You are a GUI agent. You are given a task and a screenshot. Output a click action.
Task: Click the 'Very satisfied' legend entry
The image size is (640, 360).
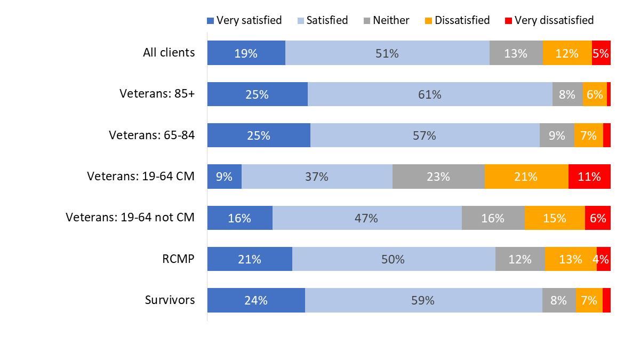point(244,20)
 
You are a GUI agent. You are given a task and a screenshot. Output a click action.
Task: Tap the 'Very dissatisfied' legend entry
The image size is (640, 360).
point(549,20)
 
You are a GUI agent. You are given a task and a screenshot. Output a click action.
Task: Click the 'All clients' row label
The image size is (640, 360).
point(169,53)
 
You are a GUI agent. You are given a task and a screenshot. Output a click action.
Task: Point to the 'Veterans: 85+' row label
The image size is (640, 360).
point(157,94)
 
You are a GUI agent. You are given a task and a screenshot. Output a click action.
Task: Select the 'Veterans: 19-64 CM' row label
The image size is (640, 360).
point(141,177)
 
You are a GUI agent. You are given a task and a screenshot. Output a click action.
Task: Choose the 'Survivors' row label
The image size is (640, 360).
point(170,300)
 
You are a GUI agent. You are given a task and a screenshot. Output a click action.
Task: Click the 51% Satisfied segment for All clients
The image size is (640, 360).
point(387,53)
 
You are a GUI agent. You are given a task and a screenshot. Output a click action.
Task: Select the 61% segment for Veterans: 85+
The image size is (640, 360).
point(430,94)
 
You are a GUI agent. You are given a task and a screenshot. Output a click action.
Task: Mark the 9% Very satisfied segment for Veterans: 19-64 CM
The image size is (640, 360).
point(224,177)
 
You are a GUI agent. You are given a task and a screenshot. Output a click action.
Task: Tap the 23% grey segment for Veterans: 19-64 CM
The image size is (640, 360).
point(438,177)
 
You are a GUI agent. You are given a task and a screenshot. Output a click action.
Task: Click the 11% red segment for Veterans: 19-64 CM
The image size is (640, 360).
point(589,177)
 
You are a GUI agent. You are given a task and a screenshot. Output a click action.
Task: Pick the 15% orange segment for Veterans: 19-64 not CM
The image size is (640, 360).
point(555,218)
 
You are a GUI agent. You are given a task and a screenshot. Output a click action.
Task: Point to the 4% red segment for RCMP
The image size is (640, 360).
point(604,259)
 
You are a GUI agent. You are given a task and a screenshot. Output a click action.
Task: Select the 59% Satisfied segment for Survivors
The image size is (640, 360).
point(423,300)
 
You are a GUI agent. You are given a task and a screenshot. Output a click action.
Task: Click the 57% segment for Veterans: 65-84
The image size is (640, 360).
point(425,135)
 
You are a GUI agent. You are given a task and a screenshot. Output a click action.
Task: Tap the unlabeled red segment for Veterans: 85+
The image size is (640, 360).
point(609,94)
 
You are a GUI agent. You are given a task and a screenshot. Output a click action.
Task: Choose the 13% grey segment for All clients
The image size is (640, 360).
point(516,53)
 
